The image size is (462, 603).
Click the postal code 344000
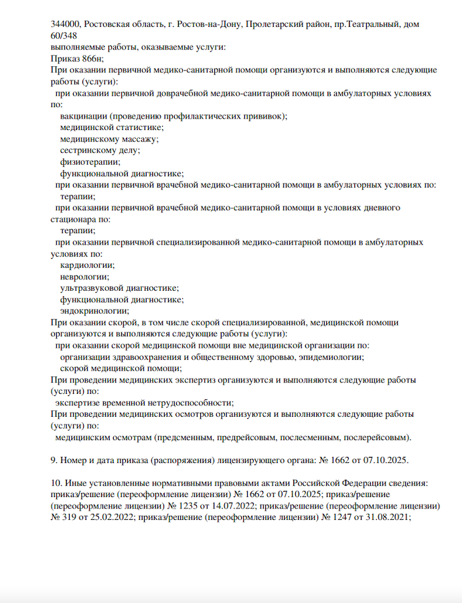click(66, 24)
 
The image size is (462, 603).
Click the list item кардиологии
click(87, 266)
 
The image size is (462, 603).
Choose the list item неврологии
click(84, 277)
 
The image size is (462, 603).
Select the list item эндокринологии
click(94, 311)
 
